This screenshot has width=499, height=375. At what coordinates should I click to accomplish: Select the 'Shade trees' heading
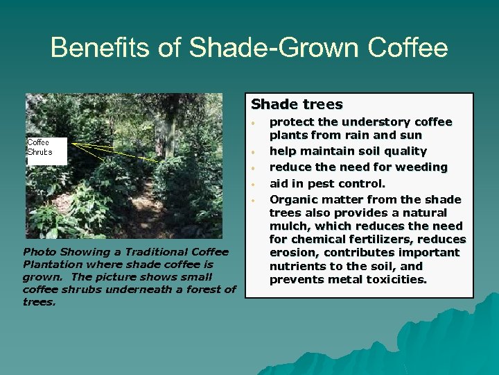[297, 105]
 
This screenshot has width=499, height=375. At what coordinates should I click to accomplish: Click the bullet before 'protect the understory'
[255, 123]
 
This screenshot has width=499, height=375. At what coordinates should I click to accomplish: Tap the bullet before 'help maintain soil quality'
[255, 152]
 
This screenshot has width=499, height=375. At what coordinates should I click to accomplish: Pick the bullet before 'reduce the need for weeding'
[255, 168]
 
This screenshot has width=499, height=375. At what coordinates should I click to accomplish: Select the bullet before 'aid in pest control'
[255, 185]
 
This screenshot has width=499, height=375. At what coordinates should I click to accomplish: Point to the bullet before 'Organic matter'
[255, 201]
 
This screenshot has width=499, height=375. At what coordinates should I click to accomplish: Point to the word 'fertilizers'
[381, 240]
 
